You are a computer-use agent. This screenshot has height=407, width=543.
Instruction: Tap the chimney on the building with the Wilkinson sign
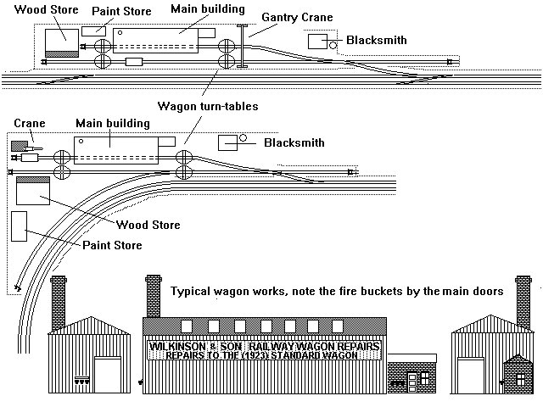pyautogui.click(x=154, y=294)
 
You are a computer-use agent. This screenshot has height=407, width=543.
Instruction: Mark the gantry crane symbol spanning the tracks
pyautogui.click(x=244, y=46)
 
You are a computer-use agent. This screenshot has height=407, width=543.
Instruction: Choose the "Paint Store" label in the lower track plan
pyautogui.click(x=112, y=245)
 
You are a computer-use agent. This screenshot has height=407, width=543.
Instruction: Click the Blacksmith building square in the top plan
pyautogui.click(x=318, y=42)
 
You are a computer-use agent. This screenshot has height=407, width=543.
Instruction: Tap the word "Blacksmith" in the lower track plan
pyautogui.click(x=294, y=142)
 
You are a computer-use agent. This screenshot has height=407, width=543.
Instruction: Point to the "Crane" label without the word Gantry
pyautogui.click(x=29, y=124)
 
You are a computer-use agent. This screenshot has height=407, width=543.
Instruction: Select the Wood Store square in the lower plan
pyautogui.click(x=33, y=191)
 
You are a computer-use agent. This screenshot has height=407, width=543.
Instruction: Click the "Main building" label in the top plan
pyautogui.click(x=207, y=8)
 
